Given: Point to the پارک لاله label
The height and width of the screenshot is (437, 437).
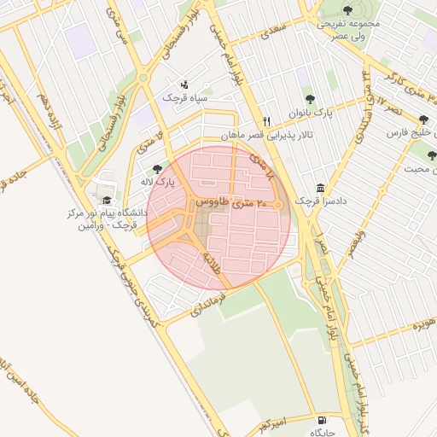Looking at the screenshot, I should click(x=155, y=182).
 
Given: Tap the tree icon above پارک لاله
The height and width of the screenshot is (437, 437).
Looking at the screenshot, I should click(x=155, y=169).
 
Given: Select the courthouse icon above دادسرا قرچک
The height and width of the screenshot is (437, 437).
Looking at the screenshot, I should click(x=320, y=188).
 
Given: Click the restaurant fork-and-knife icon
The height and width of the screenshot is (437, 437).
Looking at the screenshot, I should click(x=267, y=121).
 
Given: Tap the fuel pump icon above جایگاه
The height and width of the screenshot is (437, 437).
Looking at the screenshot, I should click(x=321, y=420).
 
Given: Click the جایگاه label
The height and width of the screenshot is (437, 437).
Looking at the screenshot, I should click(x=322, y=433).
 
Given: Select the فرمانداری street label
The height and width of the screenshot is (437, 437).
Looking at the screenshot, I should click(x=207, y=306).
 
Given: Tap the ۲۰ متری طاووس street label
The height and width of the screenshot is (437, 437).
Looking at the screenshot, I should click(x=231, y=204).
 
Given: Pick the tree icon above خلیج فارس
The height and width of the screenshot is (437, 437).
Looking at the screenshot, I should click(x=423, y=120).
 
